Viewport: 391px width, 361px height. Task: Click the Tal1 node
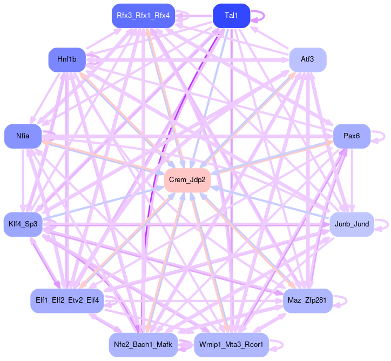(231, 16)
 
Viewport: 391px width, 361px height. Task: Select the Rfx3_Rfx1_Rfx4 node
(143, 16)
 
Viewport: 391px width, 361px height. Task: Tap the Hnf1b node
(67, 60)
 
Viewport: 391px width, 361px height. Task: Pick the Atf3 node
(308, 60)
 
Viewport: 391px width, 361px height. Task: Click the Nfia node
(23, 136)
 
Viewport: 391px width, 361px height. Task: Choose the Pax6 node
(352, 136)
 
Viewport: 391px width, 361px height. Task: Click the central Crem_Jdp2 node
(187, 180)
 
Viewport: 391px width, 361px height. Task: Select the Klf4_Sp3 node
(23, 224)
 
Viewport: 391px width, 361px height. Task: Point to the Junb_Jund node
(352, 224)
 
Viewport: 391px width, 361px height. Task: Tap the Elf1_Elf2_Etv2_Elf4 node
(67, 300)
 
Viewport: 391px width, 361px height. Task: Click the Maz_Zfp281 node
(308, 300)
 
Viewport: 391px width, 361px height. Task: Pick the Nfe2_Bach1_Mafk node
(143, 345)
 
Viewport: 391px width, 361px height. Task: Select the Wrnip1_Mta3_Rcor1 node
(231, 345)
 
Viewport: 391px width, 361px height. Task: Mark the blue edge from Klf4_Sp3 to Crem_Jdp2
(104, 204)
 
